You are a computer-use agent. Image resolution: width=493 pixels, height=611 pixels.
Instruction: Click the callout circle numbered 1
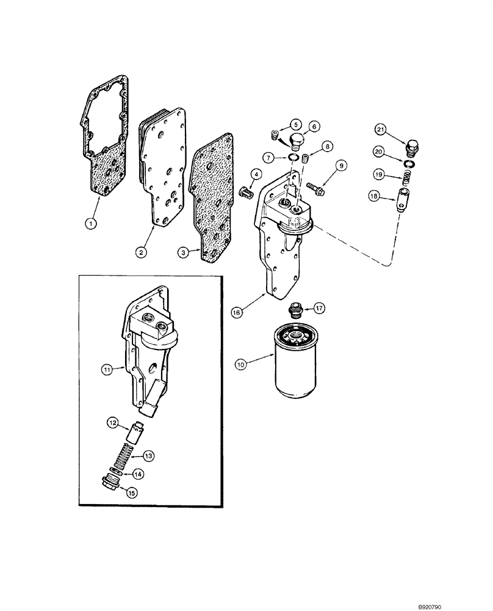[x=91, y=224]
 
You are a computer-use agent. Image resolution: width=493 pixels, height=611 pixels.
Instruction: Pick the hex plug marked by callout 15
[x=113, y=484]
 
